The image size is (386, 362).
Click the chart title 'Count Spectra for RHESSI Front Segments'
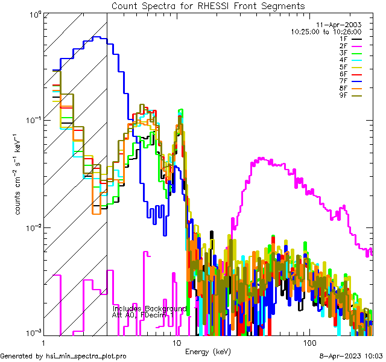(x=207, y=5)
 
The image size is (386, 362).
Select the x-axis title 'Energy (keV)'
(x=207, y=352)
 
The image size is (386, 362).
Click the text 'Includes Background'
(x=149, y=308)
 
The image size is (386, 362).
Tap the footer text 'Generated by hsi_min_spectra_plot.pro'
(x=64, y=357)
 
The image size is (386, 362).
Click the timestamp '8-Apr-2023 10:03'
(x=352, y=357)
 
